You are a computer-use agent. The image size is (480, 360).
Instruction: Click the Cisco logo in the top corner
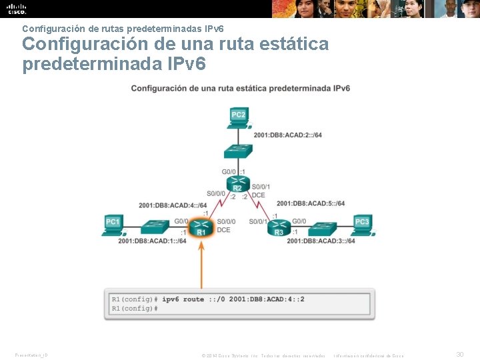(16, 9)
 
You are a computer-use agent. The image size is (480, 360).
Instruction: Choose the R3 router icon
(279, 229)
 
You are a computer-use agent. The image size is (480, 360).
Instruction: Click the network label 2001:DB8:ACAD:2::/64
(287, 135)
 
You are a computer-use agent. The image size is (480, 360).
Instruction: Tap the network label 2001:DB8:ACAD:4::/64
(173, 205)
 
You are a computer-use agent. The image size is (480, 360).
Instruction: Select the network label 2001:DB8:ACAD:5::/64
(311, 203)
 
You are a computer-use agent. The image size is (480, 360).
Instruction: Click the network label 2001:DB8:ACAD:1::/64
(152, 241)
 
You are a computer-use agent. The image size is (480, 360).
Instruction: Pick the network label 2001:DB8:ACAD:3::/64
(321, 241)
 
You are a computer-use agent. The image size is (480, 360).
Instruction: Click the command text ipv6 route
(183, 299)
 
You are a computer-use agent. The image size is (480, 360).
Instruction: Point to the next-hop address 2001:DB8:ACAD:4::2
(267, 299)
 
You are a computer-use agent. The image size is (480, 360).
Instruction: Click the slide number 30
(459, 355)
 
